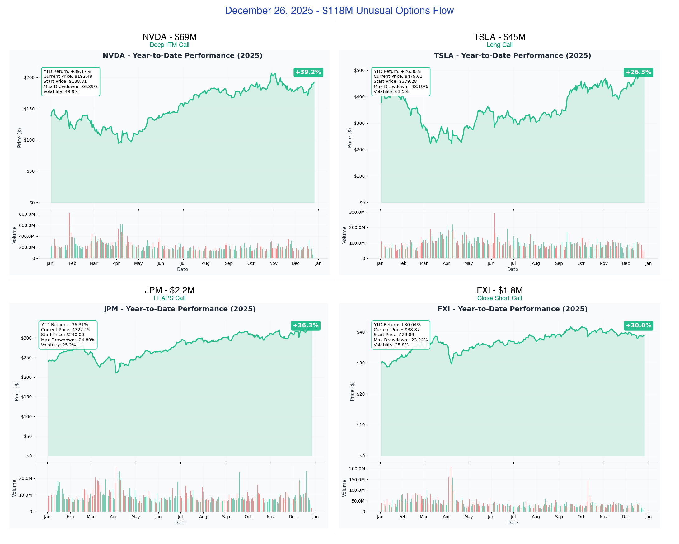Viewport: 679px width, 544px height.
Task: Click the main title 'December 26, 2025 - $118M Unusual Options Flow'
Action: pyautogui.click(x=339, y=10)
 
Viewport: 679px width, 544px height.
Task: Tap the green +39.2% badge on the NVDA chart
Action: pyautogui.click(x=308, y=72)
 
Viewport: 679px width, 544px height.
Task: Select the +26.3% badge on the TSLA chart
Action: pyautogui.click(x=638, y=72)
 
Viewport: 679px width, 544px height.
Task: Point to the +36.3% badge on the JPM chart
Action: pyautogui.click(x=306, y=326)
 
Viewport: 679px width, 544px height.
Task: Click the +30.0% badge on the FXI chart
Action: pyautogui.click(x=638, y=326)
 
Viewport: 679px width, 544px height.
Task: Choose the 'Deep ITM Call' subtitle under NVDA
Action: pyautogui.click(x=169, y=45)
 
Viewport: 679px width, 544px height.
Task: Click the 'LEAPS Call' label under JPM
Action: pyautogui.click(x=169, y=298)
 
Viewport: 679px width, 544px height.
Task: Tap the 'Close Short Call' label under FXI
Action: pyautogui.click(x=499, y=298)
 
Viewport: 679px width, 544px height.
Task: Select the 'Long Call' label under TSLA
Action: pyautogui.click(x=499, y=45)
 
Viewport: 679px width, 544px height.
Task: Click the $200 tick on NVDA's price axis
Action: pyautogui.click(x=29, y=77)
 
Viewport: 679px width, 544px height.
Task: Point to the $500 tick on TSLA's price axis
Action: pyautogui.click(x=359, y=70)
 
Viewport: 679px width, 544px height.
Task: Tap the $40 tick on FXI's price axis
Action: pyautogui.click(x=361, y=332)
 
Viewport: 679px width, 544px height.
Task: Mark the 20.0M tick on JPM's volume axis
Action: pyautogui.click(x=26, y=478)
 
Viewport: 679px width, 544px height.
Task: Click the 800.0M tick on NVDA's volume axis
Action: pyautogui.click(x=27, y=214)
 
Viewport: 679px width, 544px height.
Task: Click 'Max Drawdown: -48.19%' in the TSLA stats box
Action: pyautogui.click(x=400, y=87)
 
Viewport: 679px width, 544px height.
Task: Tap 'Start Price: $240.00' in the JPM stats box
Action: pyautogui.click(x=62, y=335)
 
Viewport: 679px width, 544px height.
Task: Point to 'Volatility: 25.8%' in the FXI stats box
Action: pyautogui.click(x=391, y=345)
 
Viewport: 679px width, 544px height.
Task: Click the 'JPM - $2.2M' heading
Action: pyautogui.click(x=169, y=290)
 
